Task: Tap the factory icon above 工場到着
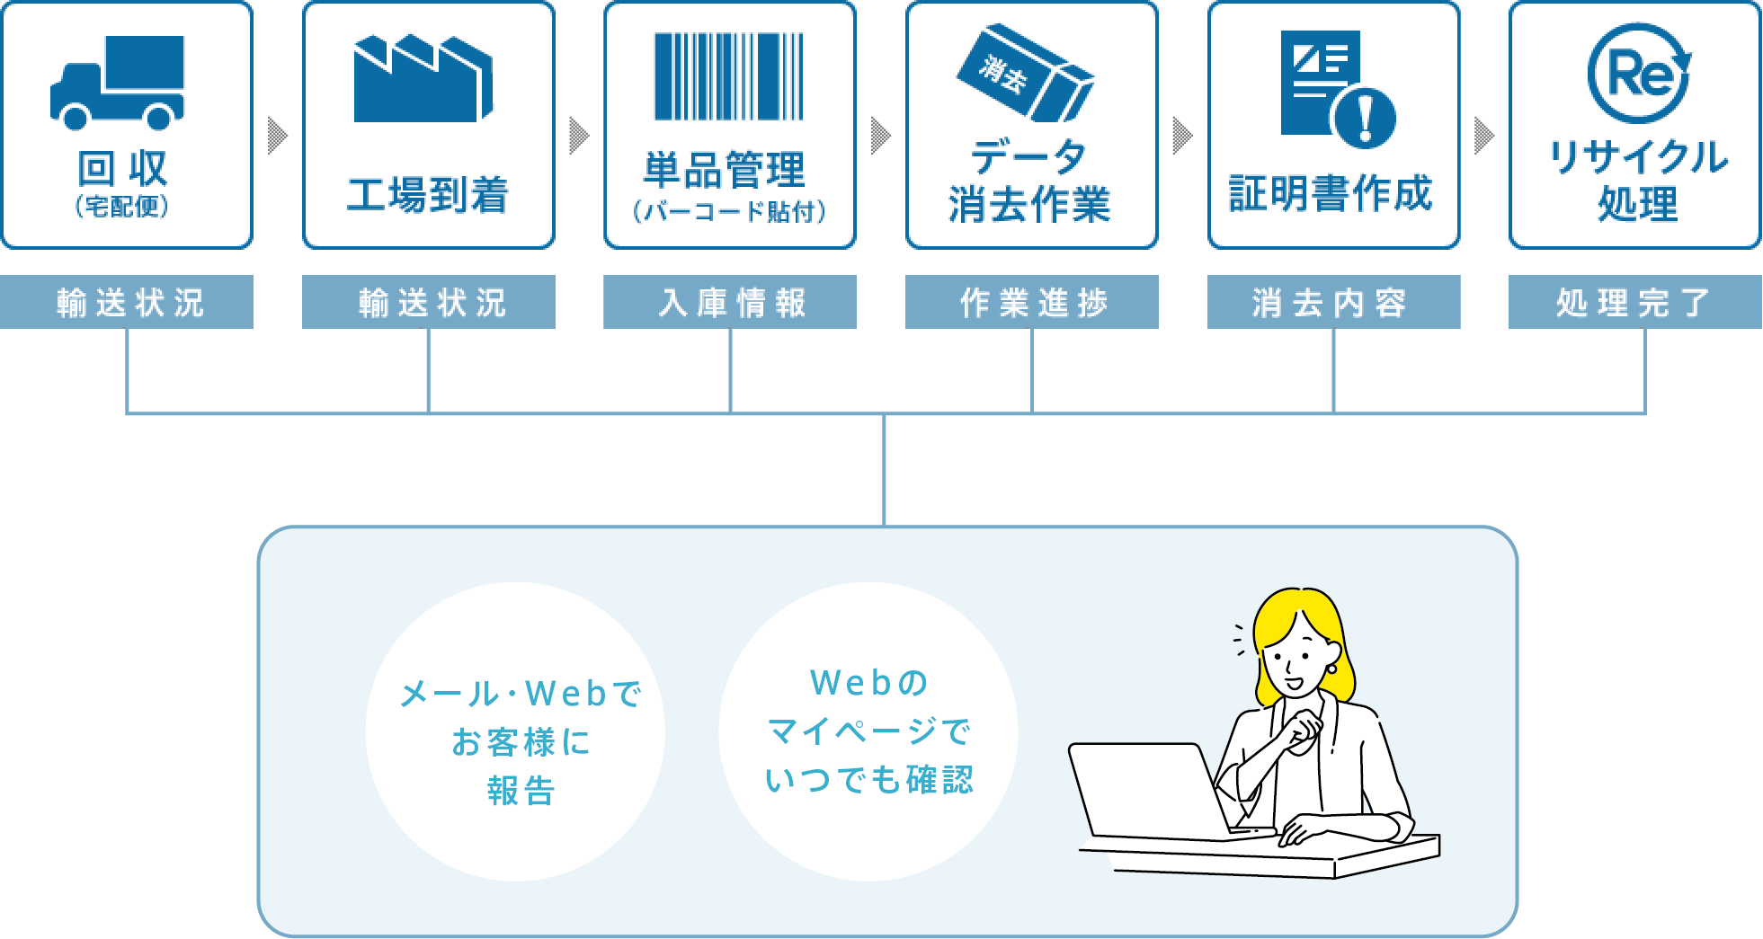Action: click(423, 79)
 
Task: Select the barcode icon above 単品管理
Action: click(729, 76)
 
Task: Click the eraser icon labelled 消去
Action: click(1025, 73)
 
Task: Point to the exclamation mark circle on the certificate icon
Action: click(1365, 118)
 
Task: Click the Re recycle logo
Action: click(1639, 73)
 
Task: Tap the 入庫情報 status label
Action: click(730, 302)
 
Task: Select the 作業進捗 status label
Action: click(1032, 302)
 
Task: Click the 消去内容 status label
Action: click(1333, 302)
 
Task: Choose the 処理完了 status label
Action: click(1635, 302)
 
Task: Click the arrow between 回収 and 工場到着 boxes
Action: click(278, 136)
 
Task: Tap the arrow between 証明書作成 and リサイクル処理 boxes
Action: click(1485, 136)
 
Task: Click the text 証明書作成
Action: click(1331, 193)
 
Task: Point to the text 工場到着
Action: click(428, 194)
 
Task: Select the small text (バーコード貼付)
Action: click(729, 211)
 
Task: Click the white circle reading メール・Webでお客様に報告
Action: click(515, 731)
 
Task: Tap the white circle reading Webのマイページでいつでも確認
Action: click(868, 731)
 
